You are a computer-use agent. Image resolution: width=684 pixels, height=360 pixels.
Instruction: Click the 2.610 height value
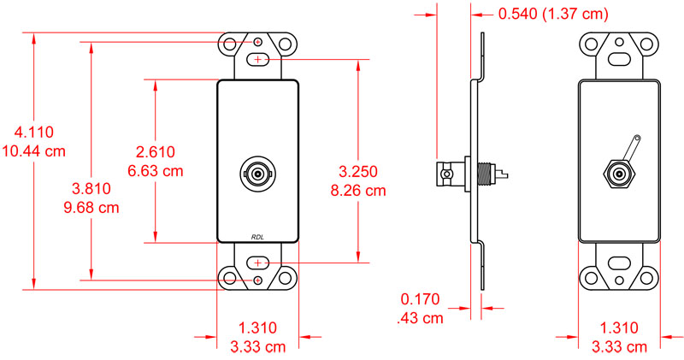pyautogui.click(x=155, y=152)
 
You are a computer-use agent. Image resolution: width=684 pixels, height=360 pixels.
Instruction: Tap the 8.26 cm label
pyautogui.click(x=358, y=190)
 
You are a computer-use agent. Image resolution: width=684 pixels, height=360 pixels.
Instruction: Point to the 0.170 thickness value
pyautogui.click(x=419, y=300)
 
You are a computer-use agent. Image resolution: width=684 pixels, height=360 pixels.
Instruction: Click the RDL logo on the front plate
pyautogui.click(x=258, y=237)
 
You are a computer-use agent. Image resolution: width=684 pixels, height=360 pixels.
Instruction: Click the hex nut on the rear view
pyautogui.click(x=619, y=174)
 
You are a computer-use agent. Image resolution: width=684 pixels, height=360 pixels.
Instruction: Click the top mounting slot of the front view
pyautogui.click(x=258, y=60)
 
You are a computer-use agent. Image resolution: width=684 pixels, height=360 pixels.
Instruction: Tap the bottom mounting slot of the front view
pyautogui.click(x=258, y=261)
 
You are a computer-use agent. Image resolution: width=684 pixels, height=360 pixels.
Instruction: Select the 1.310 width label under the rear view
pyautogui.click(x=618, y=328)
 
